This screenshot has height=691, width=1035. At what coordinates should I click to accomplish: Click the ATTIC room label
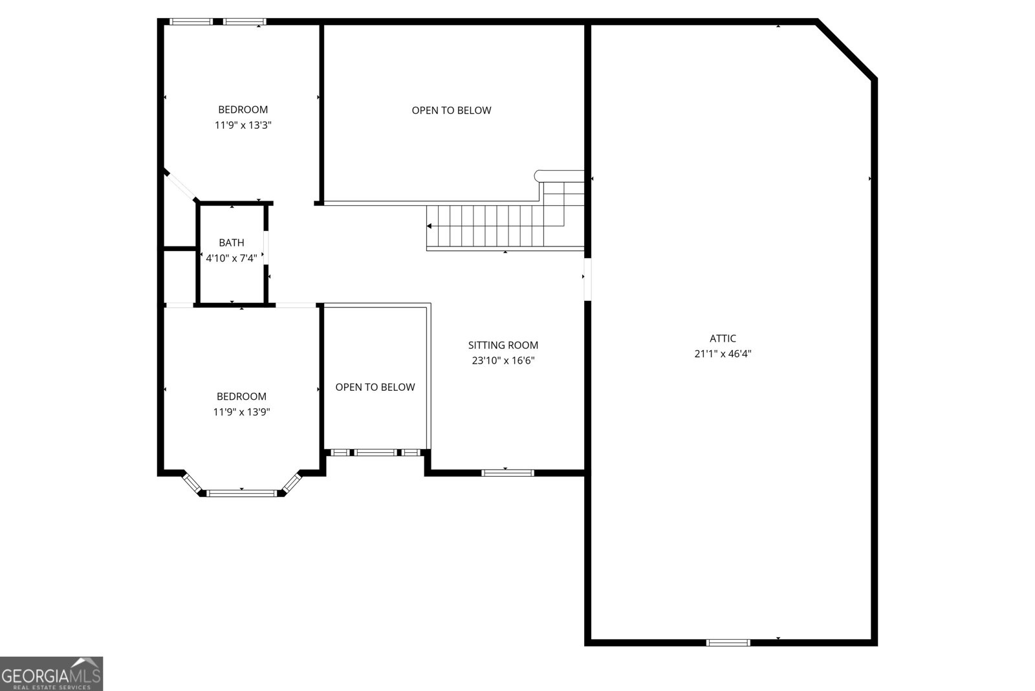[x=723, y=338]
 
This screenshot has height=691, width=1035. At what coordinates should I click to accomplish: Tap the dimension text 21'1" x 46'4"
[x=723, y=354]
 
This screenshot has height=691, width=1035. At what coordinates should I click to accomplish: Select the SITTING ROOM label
[x=503, y=345]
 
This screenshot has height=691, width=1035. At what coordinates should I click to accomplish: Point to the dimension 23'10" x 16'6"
[x=503, y=361]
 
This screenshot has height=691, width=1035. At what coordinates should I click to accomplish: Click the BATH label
[x=231, y=243]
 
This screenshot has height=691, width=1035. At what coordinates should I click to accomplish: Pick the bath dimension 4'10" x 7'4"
[x=231, y=258]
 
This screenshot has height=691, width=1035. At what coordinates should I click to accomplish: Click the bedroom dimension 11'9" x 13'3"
[x=243, y=126]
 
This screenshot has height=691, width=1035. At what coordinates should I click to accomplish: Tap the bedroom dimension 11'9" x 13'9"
[x=241, y=412]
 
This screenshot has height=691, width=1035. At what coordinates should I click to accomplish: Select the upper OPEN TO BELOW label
[x=452, y=111]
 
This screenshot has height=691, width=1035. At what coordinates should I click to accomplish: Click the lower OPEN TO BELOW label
[x=375, y=388]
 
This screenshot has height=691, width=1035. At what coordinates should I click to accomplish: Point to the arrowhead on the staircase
[x=430, y=226]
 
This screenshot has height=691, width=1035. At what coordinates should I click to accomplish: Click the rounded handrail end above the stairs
[x=539, y=175]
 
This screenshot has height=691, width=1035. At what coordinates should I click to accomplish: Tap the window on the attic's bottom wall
[x=728, y=642]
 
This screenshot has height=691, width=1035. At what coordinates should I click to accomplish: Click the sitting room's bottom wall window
[x=508, y=473]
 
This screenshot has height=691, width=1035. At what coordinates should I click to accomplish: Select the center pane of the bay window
[x=241, y=494]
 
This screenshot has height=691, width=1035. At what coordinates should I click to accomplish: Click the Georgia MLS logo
[x=51, y=674]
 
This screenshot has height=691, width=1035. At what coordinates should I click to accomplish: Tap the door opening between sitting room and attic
[x=587, y=279]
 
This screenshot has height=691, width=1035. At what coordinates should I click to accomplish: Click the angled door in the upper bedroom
[x=180, y=186]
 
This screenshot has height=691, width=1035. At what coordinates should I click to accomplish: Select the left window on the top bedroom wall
[x=191, y=22]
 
